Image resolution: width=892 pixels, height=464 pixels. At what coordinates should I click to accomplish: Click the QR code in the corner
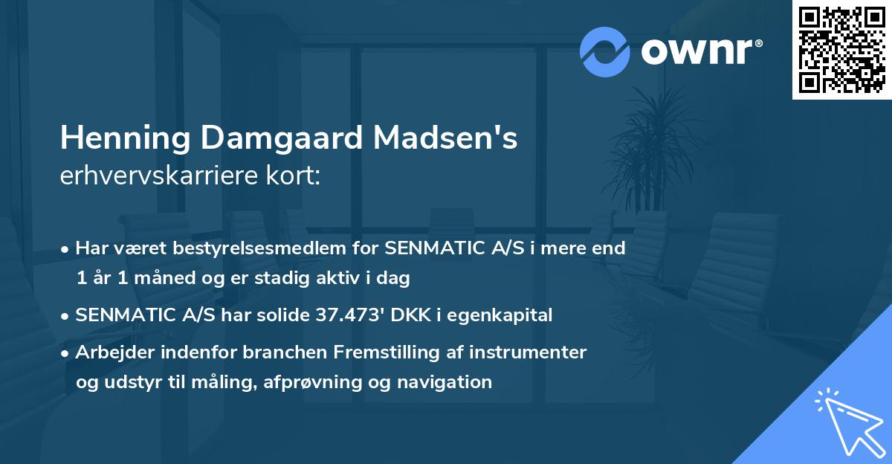[x=841, y=50]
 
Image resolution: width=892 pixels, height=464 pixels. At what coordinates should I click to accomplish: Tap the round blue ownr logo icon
[x=605, y=52]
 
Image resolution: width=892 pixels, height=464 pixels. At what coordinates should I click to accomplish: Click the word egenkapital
[x=508, y=315]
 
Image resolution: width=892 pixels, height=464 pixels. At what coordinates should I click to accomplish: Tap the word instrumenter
[x=535, y=352]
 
